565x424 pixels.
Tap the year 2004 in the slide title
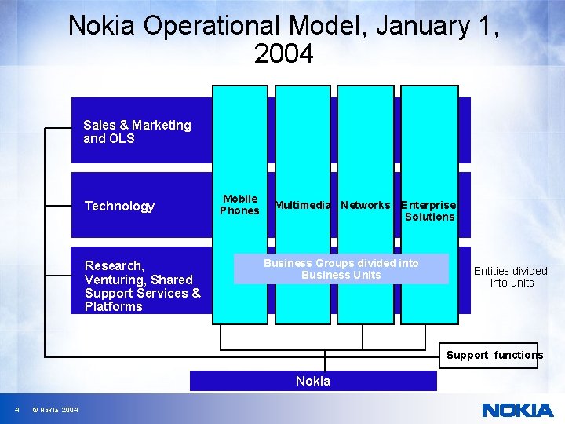pos(283,55)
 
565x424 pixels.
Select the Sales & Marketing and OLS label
pos(137,132)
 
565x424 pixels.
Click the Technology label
pos(119,206)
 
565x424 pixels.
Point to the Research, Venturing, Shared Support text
pos(142,286)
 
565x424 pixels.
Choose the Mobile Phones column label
pos(239,204)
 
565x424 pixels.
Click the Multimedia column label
pos(303,205)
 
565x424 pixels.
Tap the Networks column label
pos(365,205)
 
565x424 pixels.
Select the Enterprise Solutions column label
pos(428,210)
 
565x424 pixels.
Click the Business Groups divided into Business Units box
pos(341,269)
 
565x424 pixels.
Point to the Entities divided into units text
pos(510,276)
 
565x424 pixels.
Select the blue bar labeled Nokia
pos(313,381)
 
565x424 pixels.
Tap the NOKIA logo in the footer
pos(517,410)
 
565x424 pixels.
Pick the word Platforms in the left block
pos(114,306)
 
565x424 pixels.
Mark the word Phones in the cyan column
pos(239,210)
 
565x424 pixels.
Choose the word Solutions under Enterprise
pos(430,217)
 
